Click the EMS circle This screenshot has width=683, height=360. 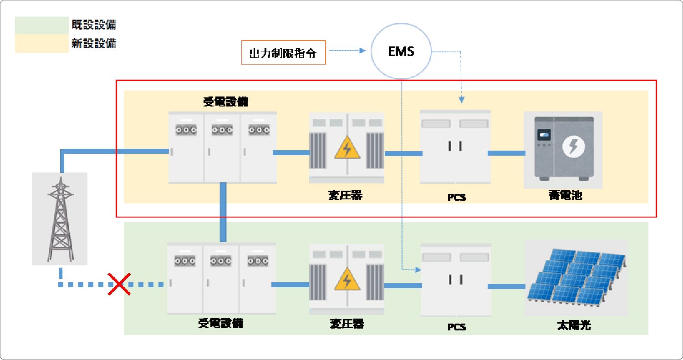coord(401,51)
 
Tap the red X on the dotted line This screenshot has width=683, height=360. coord(119,284)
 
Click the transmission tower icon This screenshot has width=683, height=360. coord(60,218)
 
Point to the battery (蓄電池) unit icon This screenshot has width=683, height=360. coord(563,150)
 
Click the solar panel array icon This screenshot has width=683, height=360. coord(576,278)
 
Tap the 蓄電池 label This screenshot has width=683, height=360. coord(565,196)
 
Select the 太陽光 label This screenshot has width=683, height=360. coord(574,325)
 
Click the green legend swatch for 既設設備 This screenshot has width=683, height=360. coord(41,25)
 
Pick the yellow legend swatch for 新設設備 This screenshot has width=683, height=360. coord(41,44)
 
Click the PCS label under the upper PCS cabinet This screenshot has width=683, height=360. coord(456,198)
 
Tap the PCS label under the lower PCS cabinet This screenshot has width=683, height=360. coord(456,327)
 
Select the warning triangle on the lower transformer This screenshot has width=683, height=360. coord(347,280)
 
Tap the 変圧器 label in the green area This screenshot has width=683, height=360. coord(347,324)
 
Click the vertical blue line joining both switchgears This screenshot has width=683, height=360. coord(223,212)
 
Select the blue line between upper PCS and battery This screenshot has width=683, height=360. coord(506,153)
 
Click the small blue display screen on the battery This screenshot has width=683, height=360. coord(544,134)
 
